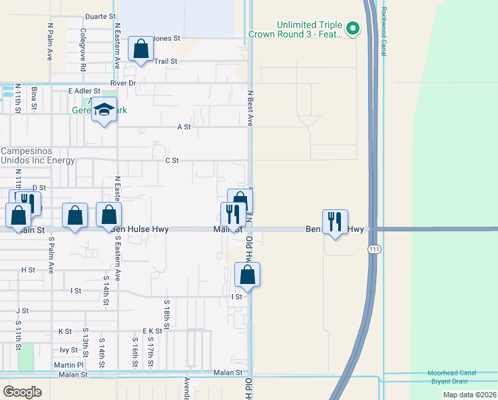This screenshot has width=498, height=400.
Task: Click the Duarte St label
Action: click(x=100, y=16)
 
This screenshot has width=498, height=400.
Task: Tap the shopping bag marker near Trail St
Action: click(x=140, y=49)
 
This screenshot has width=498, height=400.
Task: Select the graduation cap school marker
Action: click(x=105, y=110)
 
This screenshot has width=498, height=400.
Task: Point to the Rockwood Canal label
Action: click(x=384, y=22)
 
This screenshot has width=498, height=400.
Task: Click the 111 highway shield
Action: click(x=373, y=248)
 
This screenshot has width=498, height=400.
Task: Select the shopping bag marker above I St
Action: click(x=247, y=275)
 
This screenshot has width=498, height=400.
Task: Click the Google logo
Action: click(x=23, y=391)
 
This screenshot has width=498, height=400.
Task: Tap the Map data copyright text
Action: click(x=469, y=395)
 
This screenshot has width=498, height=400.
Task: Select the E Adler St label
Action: click(x=84, y=91)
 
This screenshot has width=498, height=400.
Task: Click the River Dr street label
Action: click(x=123, y=83)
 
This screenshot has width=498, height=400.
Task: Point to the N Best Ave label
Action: click(x=250, y=109)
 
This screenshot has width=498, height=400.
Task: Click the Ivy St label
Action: click(x=69, y=349)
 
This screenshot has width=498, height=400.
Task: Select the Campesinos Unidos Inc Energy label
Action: click(x=37, y=156)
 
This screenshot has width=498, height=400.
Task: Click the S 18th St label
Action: click(x=166, y=315)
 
